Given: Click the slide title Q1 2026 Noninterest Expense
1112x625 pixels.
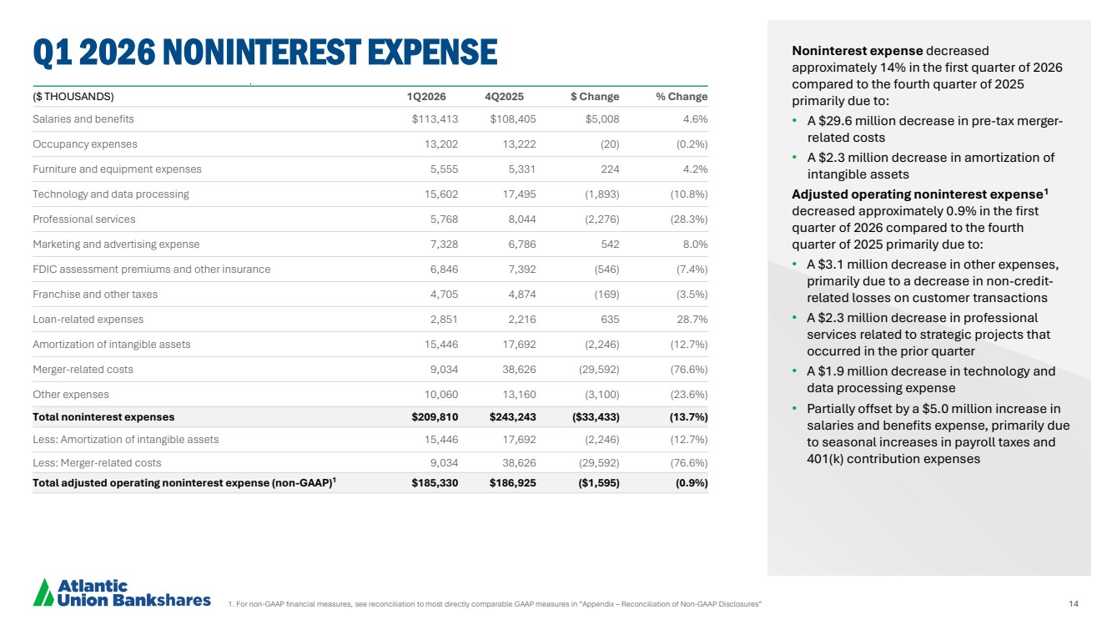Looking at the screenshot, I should (x=264, y=52).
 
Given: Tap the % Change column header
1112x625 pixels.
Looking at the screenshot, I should (x=681, y=97).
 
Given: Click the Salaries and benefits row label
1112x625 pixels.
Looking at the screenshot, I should (x=83, y=119).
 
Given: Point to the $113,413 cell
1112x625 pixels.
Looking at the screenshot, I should (x=435, y=119).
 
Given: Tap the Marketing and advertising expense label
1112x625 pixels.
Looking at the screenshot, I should (x=116, y=244).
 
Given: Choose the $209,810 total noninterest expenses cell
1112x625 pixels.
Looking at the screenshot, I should (x=435, y=416).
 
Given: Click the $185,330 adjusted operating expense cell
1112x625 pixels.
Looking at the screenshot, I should (x=435, y=483).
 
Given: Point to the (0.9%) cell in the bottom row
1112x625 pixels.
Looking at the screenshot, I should (x=691, y=483).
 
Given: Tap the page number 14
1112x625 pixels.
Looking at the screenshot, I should (x=1074, y=602).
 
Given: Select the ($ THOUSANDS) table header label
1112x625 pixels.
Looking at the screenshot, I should (x=73, y=97).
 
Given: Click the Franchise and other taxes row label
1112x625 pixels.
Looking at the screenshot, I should (x=95, y=295).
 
